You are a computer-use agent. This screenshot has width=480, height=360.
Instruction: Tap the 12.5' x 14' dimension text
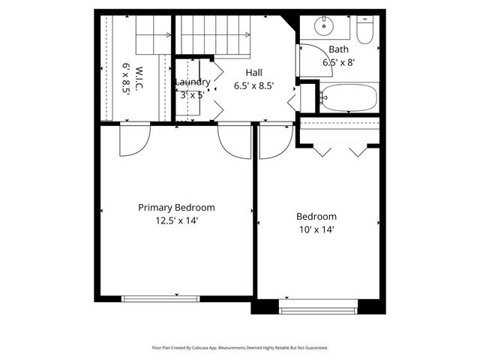[176, 220]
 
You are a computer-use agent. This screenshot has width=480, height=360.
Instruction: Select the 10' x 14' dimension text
[316, 229]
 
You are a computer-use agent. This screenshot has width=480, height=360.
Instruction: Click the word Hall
[254, 73]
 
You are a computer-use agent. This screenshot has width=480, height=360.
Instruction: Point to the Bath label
[338, 49]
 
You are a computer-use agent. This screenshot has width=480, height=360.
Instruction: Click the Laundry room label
[193, 82]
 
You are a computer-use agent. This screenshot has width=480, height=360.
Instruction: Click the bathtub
[348, 97]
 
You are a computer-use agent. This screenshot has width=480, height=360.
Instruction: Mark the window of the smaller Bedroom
[318, 307]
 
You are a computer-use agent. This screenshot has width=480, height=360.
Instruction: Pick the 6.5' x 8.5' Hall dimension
[254, 85]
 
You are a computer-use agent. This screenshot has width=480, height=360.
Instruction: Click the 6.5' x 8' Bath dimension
[338, 63]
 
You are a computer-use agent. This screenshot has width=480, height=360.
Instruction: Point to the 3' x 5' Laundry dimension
[193, 94]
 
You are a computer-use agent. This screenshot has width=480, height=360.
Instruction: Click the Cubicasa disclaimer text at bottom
[240, 348]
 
